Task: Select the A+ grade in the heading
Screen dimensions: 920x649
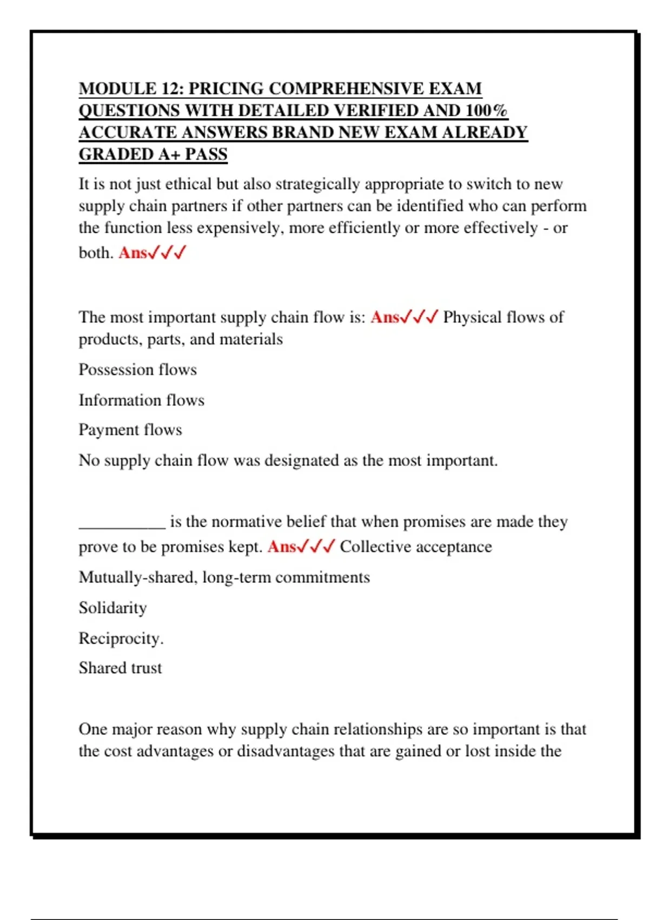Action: click(x=169, y=154)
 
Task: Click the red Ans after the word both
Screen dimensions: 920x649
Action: click(x=133, y=253)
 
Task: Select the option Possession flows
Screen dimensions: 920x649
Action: click(x=137, y=370)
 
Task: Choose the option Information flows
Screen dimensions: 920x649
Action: click(x=141, y=400)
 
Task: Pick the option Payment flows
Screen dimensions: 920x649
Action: click(x=130, y=430)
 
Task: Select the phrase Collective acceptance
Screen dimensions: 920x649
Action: click(x=416, y=547)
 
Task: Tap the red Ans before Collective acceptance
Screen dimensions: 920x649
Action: click(x=282, y=547)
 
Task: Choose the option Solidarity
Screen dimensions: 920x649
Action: click(x=112, y=608)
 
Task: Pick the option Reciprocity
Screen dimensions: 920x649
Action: click(x=121, y=639)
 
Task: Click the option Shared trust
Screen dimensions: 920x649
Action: click(x=120, y=668)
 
